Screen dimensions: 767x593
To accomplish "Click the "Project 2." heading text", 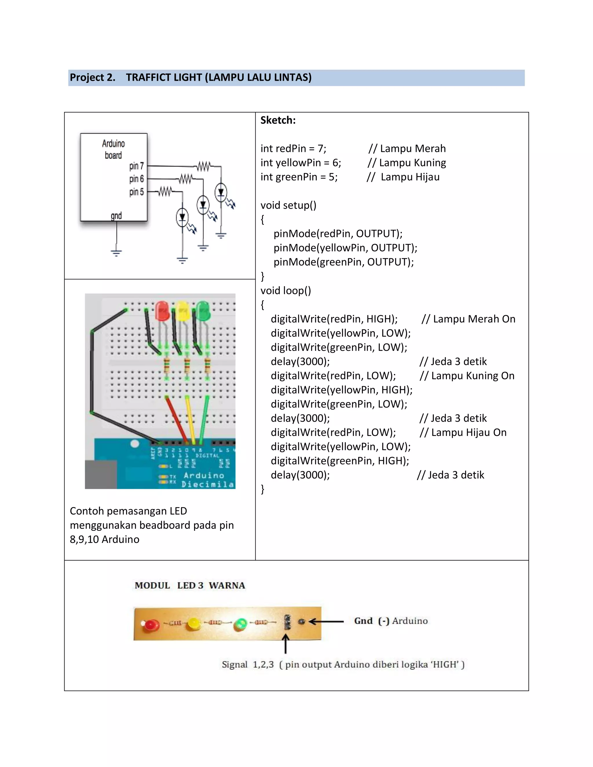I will point(92,77).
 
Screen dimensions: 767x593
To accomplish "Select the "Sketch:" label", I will point(278,120).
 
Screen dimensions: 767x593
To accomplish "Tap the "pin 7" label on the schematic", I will point(136,166).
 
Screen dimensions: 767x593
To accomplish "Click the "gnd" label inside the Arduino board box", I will point(116,215).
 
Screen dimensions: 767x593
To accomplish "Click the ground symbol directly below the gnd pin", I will point(116,252).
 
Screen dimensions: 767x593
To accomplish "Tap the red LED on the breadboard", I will point(162,311).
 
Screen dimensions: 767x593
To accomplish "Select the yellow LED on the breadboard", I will point(183,311).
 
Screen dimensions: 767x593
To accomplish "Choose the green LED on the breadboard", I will point(203,311).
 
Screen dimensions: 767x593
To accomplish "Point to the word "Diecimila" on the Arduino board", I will point(208,484).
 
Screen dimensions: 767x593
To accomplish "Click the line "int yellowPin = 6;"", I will point(301,163).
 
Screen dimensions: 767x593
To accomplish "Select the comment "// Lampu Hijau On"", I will point(463,432).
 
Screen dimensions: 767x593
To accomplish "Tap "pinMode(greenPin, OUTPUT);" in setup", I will point(344,262).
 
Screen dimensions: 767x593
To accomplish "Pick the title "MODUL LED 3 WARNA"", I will point(190,586).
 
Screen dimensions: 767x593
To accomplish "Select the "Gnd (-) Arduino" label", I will point(391,621).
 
